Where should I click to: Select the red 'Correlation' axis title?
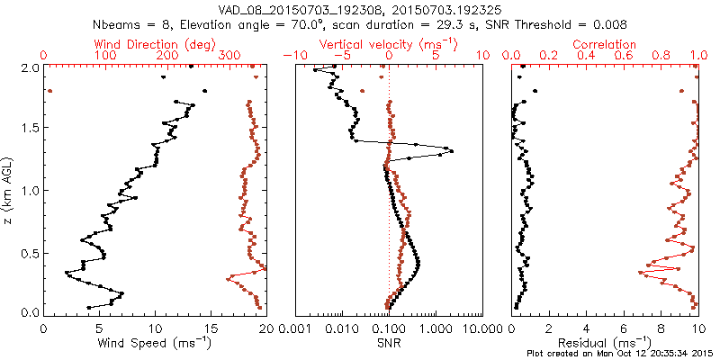coord(605,44)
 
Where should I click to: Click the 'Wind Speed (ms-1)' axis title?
coord(155,342)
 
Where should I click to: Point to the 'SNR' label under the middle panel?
coord(389,342)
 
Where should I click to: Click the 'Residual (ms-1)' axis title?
coord(605,342)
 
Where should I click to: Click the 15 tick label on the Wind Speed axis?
coord(211,328)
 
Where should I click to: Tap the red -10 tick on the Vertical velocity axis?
coord(292,56)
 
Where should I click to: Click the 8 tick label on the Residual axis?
coord(661,328)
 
